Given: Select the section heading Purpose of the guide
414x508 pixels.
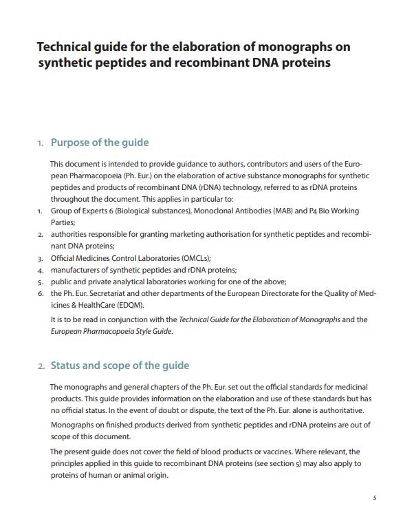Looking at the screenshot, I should coord(100,142).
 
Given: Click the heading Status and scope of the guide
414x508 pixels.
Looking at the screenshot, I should coord(120,366).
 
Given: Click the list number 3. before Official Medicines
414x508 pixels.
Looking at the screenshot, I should coord(40,258).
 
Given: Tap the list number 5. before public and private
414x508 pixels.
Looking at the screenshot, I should coord(40,282).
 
